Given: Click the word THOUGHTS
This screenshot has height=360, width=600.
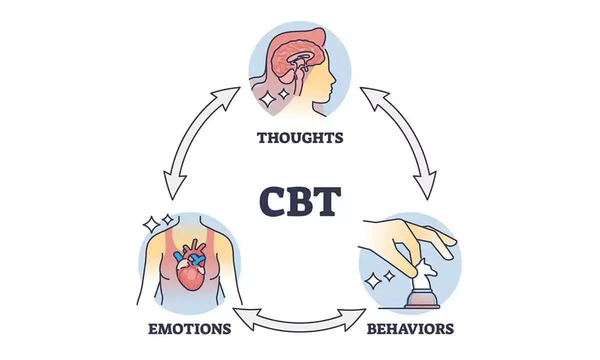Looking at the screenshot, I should (x=300, y=137).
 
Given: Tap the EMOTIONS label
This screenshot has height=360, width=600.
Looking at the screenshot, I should (x=189, y=328).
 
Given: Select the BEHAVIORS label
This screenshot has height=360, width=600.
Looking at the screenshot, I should (x=410, y=328).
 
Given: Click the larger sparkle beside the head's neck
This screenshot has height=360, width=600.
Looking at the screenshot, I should (x=268, y=98).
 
